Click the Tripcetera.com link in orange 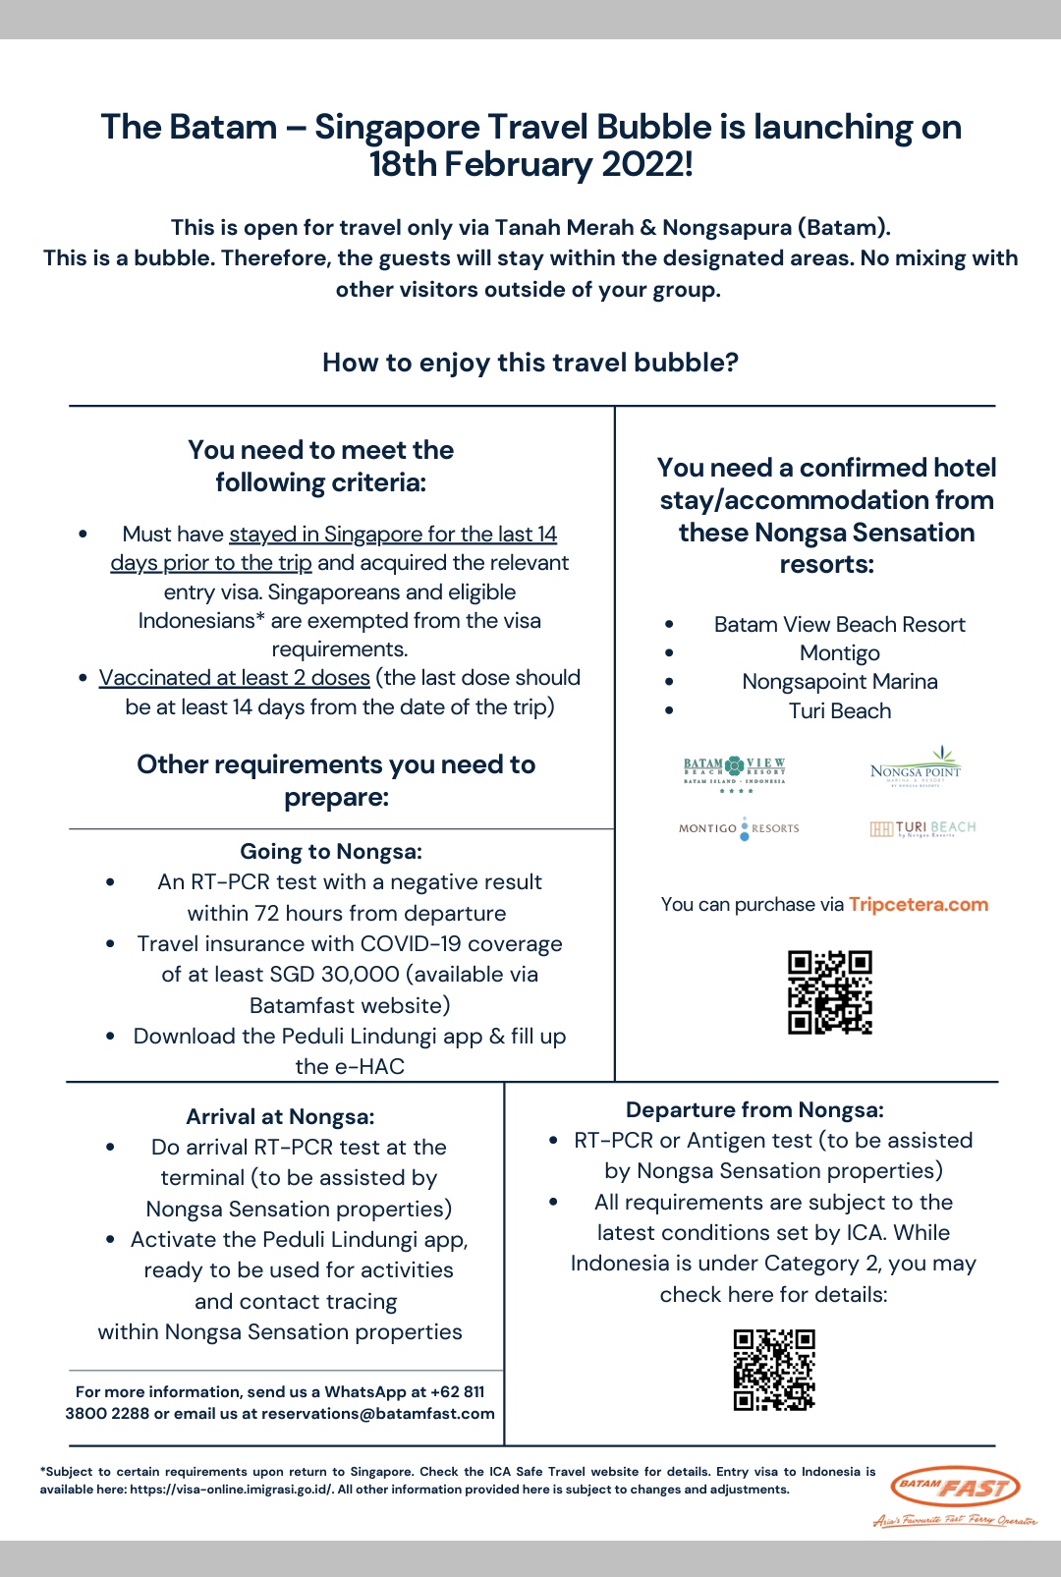[918, 905]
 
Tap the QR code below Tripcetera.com [829, 992]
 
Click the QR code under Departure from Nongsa [774, 1370]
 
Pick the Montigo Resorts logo [739, 828]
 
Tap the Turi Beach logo [922, 828]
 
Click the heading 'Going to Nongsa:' [331, 852]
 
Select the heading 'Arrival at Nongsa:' [280, 1117]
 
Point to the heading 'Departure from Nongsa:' [754, 1110]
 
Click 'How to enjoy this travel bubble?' [530, 363]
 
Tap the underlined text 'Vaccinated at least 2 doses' [234, 678]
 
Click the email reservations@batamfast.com [378, 1414]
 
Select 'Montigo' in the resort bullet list [839, 653]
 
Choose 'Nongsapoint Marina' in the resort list [839, 682]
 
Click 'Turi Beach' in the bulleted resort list [839, 711]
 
